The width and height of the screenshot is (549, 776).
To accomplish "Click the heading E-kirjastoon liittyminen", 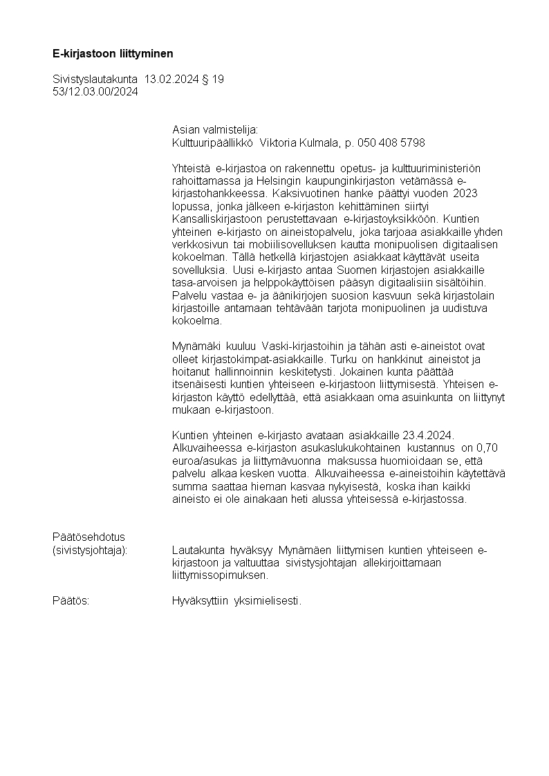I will click(113, 53).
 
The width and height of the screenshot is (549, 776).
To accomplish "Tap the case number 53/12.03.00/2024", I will click(95, 91).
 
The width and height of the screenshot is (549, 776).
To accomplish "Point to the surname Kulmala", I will click(319, 142).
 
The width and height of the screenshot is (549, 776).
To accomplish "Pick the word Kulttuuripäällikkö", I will click(213, 142).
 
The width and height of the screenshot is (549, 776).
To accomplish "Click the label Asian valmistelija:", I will click(214, 130).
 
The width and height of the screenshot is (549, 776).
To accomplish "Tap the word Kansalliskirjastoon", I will click(216, 217).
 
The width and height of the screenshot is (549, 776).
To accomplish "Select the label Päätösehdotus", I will click(88, 537).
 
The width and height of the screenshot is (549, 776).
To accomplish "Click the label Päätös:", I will click(71, 600).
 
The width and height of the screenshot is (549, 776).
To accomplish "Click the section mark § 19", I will click(213, 80).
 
